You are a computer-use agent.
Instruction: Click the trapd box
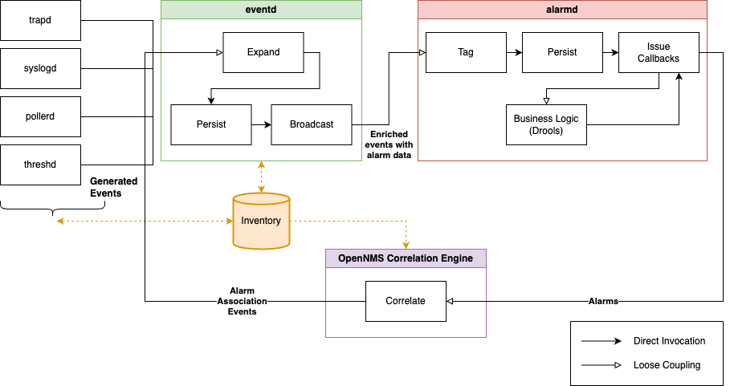[x=40, y=20]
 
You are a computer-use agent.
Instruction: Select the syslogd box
[x=40, y=68]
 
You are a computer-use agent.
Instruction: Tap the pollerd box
[x=40, y=116]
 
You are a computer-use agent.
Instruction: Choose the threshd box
[x=40, y=165]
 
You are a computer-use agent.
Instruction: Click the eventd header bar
[x=261, y=10]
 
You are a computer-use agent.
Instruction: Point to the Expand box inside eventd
[x=263, y=52]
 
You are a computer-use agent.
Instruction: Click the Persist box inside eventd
[x=211, y=124]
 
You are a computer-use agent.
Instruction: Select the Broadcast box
[x=312, y=124]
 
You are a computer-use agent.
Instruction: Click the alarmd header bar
[x=562, y=10]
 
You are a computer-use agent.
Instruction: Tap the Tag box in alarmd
[x=466, y=52]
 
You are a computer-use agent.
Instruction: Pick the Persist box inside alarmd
[x=562, y=52]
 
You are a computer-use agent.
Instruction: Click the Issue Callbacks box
[x=659, y=52]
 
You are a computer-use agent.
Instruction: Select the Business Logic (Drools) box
[x=546, y=124]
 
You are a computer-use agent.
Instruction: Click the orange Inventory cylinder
[x=261, y=221]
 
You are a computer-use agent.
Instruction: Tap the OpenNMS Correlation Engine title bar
[x=406, y=258]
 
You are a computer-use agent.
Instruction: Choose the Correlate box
[x=406, y=301]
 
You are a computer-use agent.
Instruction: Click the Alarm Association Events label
[x=242, y=301]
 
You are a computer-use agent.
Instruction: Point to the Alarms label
[x=603, y=301]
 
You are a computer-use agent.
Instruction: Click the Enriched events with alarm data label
[x=389, y=145]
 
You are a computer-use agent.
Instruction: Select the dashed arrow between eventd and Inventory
[x=261, y=177]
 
